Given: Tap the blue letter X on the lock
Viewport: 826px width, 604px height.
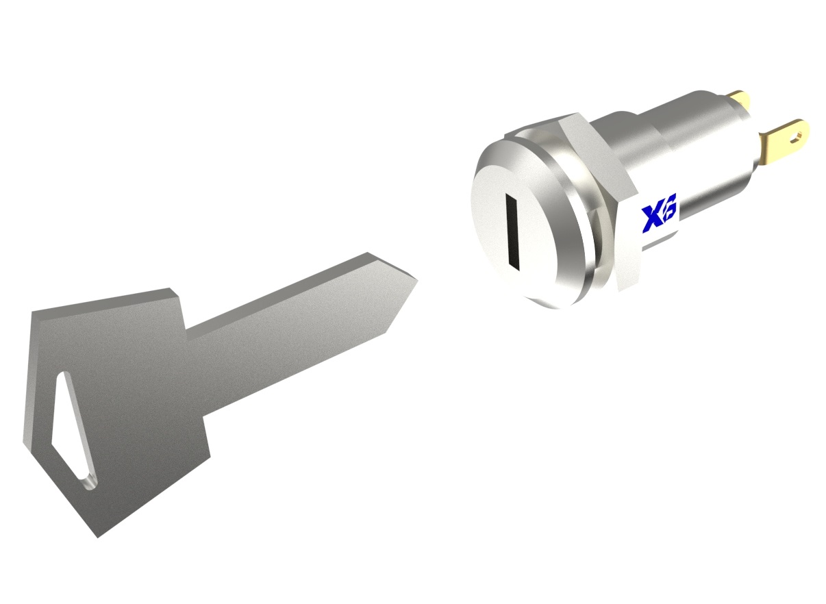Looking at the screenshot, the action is coord(652,220).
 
